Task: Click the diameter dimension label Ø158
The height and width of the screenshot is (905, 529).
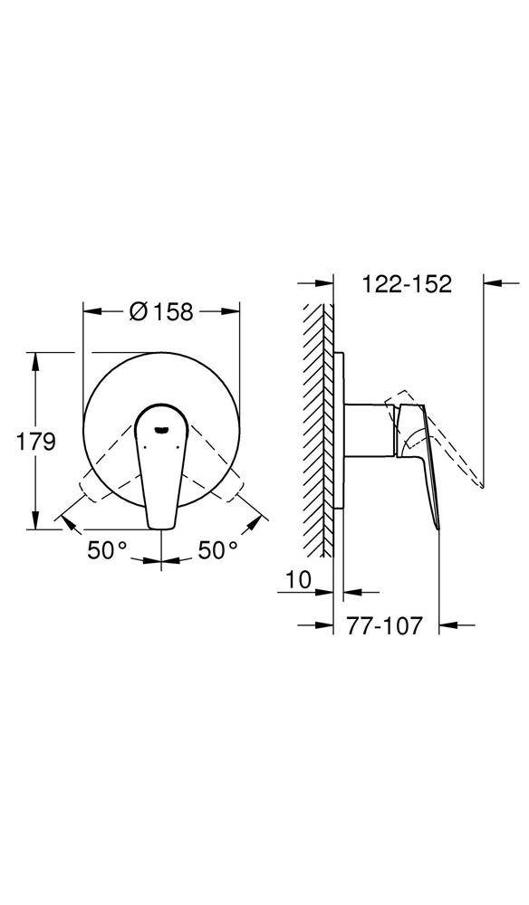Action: coord(161,311)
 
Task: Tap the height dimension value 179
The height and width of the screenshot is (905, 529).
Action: coord(35,443)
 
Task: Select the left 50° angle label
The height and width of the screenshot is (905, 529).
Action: coord(107,550)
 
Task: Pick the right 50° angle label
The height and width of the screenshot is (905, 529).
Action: coord(217,550)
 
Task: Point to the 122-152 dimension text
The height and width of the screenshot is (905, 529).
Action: coord(407,283)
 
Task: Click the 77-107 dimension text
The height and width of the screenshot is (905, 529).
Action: coord(385,625)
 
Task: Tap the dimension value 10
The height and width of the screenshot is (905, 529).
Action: coord(299,579)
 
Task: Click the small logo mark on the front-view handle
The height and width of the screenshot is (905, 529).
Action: coord(162,429)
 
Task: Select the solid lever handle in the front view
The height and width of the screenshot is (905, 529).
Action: coord(160,465)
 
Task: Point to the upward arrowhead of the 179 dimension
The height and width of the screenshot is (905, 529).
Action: coord(36,361)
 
